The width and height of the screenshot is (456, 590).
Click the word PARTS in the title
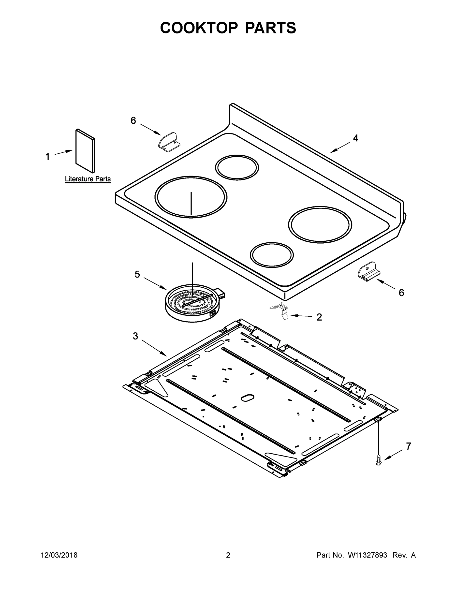coord(270,28)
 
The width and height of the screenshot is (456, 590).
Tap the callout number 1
coord(47,157)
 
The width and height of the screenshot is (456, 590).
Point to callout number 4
coord(355,138)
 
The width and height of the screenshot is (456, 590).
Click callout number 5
coord(137,274)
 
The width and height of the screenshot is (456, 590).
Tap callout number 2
coord(319,317)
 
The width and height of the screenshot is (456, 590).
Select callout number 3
coord(135,336)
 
